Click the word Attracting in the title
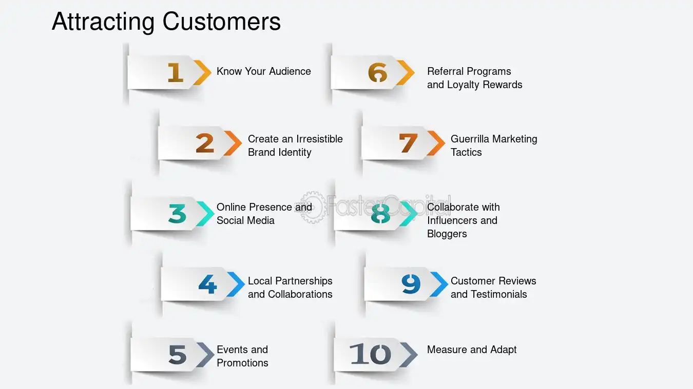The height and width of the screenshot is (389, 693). coord(103,22)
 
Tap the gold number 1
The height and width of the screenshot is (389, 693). coord(176,72)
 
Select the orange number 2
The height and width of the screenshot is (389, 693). coord(205,143)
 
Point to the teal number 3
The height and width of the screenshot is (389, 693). coord(177,214)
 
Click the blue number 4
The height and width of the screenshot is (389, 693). coord(207,284)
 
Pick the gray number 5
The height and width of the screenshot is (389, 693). coord(177,354)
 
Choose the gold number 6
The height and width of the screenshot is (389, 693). coord(378,72)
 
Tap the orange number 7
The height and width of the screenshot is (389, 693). coord(408,143)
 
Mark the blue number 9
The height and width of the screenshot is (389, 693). coord(411,284)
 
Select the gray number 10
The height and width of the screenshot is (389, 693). coord(370,354)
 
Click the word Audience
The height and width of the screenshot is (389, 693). coord(290,71)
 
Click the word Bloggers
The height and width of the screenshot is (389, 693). coord(447,234)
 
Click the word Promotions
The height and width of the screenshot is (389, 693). coord(242,363)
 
